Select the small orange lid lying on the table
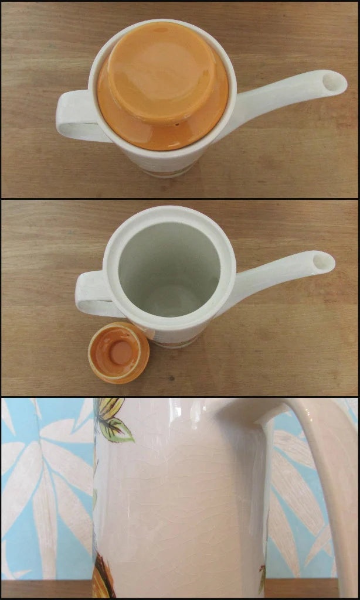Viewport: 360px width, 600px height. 118,353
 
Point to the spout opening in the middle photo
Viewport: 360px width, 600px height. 324,261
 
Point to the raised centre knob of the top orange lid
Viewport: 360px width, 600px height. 161,73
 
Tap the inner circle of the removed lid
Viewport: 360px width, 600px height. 121,351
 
